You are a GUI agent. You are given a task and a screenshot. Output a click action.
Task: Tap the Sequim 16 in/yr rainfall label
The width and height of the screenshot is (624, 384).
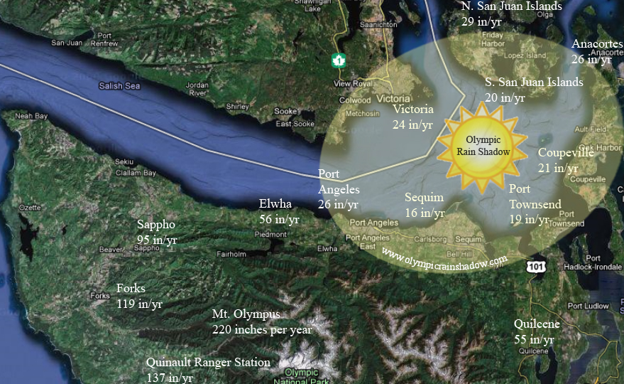click(x=425, y=205)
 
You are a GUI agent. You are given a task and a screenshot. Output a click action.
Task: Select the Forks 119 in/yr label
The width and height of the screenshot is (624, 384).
click(x=139, y=296)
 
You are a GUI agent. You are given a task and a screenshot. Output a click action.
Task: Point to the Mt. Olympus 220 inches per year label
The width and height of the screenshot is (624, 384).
click(x=261, y=322)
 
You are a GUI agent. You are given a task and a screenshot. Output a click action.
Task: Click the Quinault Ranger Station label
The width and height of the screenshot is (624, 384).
click(x=207, y=369)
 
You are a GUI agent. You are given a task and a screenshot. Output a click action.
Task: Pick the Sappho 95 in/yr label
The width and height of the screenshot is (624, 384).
click(x=157, y=233)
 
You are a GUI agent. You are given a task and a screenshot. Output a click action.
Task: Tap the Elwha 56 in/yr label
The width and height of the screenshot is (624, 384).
click(x=279, y=212)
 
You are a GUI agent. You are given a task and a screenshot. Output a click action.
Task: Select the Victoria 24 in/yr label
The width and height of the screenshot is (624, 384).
click(x=412, y=117)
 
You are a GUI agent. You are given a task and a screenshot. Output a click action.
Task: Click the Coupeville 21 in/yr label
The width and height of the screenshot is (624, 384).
click(x=567, y=160)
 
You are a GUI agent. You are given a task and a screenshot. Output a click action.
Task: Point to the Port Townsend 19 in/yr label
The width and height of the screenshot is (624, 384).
click(x=534, y=204)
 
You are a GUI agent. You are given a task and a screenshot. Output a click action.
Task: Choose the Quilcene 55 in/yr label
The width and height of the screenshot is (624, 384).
click(x=537, y=331)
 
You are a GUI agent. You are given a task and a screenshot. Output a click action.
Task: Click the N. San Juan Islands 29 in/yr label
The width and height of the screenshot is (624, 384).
click(x=510, y=13)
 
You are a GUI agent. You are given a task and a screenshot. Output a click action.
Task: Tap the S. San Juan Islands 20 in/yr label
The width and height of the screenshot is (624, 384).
click(x=534, y=90)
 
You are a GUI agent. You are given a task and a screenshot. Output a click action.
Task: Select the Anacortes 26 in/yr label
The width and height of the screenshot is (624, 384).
click(x=596, y=51)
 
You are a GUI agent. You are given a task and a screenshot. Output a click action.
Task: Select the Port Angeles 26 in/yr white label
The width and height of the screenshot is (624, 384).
click(x=339, y=189)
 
